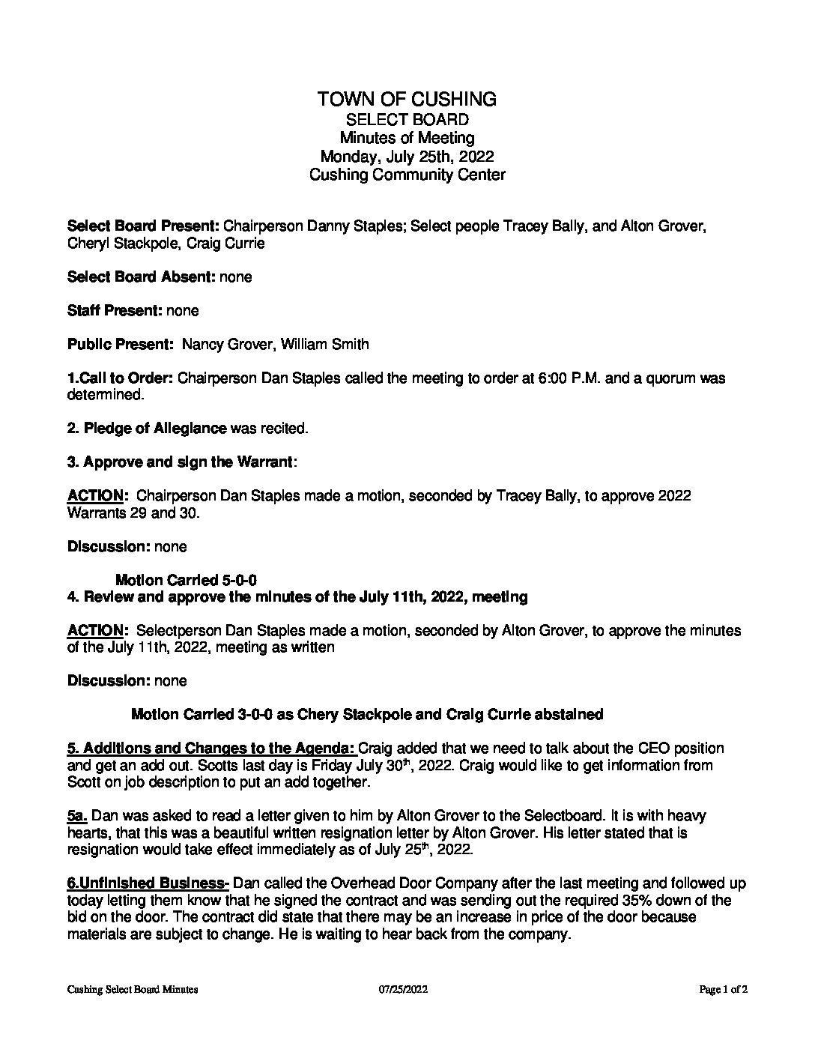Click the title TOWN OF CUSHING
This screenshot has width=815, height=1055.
407,99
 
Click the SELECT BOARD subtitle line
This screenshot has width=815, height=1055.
407,119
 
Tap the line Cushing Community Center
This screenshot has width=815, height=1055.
407,175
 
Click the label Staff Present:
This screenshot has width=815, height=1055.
114,310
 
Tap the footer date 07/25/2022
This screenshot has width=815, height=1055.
403,990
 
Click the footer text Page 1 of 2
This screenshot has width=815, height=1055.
724,990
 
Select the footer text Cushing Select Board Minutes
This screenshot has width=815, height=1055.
133,990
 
